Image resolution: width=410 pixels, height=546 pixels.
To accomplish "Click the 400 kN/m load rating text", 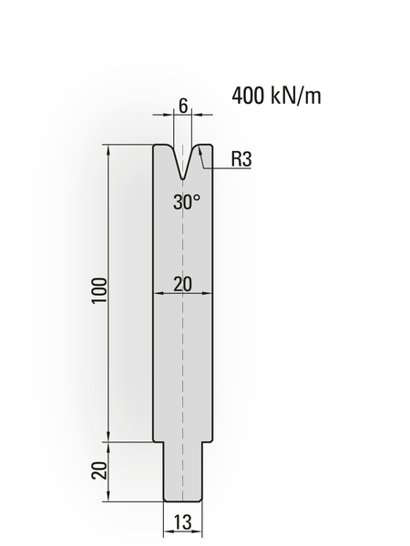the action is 276,96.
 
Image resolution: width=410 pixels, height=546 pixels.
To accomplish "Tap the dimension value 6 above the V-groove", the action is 183,106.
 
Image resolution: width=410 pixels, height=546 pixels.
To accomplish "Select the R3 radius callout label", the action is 241,158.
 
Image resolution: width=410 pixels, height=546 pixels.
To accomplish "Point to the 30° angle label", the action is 187,202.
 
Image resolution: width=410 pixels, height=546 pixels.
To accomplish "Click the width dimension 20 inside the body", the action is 183,285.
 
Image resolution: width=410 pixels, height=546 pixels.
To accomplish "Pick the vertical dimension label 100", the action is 99,291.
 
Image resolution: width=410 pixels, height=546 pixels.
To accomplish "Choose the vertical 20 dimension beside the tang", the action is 99,470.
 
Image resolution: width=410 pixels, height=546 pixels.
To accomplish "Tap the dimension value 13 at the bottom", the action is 183,522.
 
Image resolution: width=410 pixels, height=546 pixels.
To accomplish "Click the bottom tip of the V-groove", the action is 183,179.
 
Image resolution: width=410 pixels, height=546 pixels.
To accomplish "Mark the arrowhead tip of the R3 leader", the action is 199,147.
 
